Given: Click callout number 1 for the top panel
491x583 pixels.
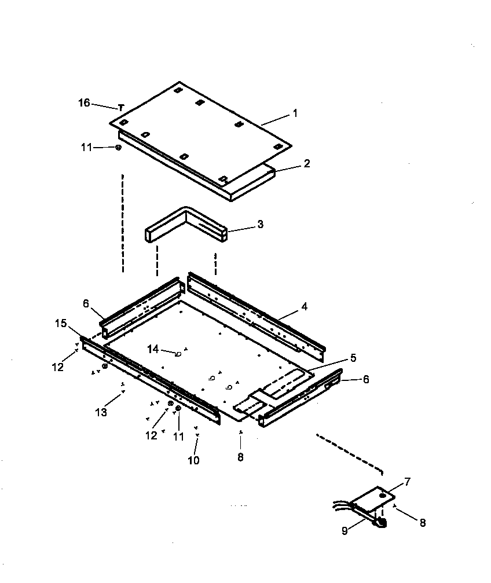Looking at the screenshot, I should (x=295, y=113).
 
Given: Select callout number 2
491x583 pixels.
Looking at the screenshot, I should (x=306, y=164).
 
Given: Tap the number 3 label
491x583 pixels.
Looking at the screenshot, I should (x=260, y=224).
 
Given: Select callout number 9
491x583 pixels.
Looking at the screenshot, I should (x=345, y=530).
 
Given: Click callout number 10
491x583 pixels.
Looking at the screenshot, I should (x=193, y=460).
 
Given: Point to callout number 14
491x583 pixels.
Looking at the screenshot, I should (x=153, y=349).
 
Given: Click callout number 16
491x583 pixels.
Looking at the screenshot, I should (x=84, y=103).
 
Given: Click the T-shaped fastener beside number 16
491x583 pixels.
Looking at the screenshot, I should (x=121, y=108).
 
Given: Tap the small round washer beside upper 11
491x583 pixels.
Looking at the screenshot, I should (x=118, y=148).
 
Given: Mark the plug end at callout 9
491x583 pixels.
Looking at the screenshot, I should (x=380, y=523).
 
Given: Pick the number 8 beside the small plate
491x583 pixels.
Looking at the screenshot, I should (x=422, y=522).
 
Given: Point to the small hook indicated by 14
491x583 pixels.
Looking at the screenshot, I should (x=178, y=354).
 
